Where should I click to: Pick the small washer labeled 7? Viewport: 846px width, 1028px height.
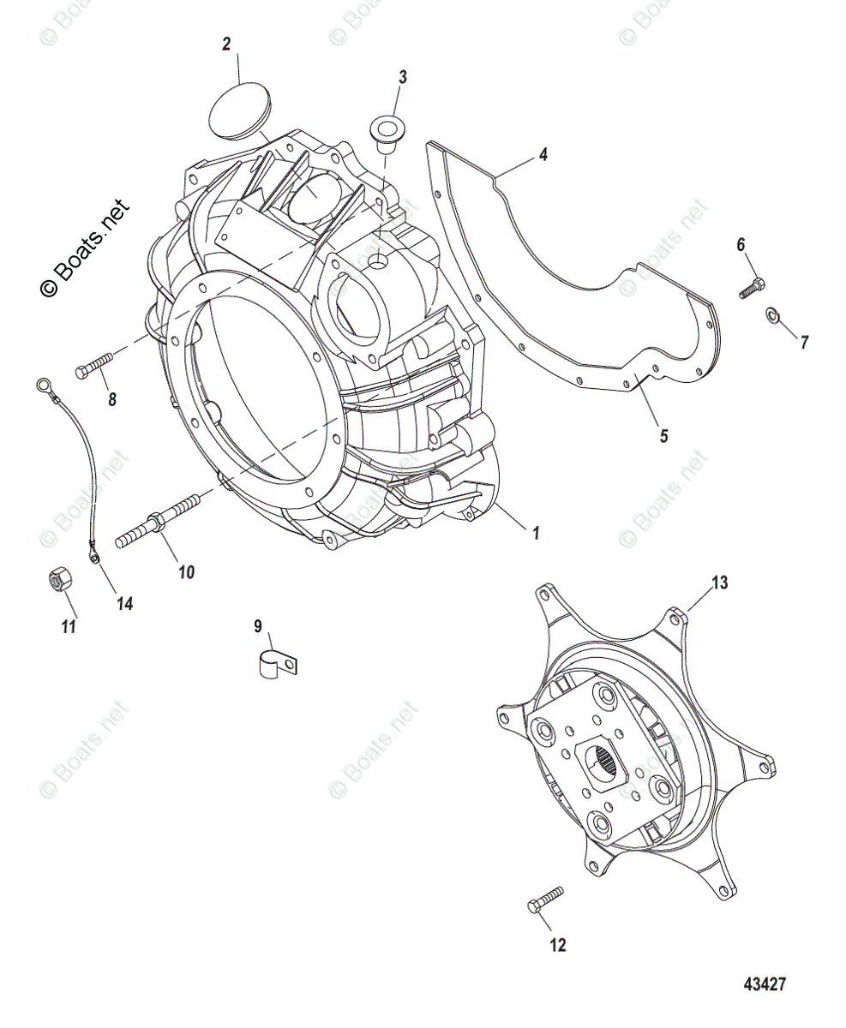click(772, 317)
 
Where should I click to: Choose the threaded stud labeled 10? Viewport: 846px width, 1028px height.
click(159, 520)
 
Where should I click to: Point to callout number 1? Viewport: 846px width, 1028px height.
click(536, 532)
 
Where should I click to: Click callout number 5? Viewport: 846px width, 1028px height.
click(663, 435)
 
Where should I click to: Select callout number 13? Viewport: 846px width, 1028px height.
click(718, 583)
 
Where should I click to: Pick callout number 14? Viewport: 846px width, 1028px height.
click(125, 604)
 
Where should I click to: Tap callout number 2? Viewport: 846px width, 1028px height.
click(226, 45)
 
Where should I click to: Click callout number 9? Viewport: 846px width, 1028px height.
click(257, 626)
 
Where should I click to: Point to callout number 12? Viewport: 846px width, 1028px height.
click(558, 945)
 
